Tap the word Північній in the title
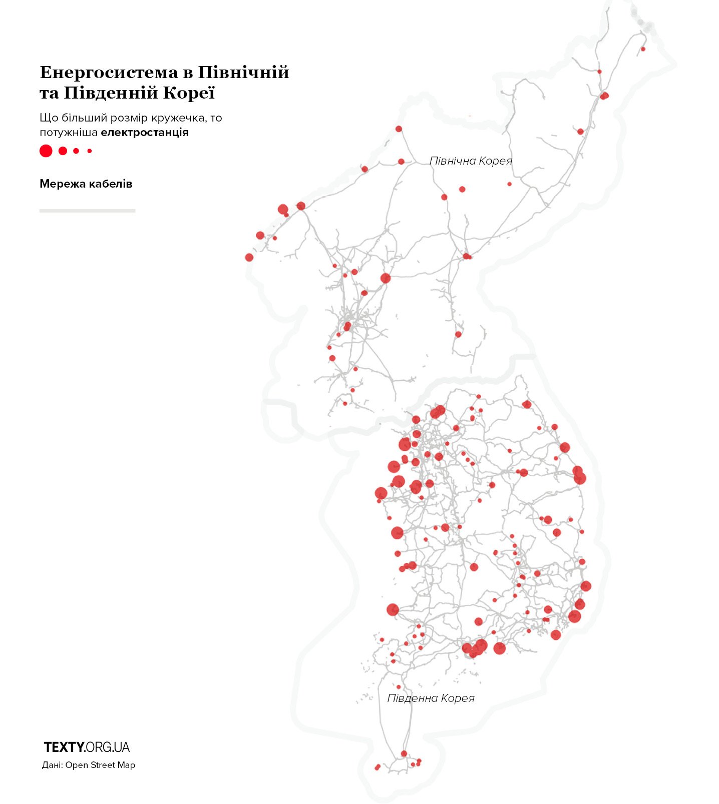click(243, 73)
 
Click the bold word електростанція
click(145, 133)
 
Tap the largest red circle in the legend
click(46, 151)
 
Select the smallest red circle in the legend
click(90, 151)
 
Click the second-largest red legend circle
click(63, 151)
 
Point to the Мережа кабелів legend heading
click(86, 184)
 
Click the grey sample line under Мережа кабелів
click(87, 211)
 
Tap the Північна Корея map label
click(471, 161)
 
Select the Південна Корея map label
click(431, 698)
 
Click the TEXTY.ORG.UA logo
click(87, 747)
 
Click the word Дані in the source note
click(52, 765)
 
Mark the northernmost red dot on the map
click(643, 49)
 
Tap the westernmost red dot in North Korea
click(249, 258)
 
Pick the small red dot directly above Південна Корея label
click(399, 687)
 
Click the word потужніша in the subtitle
click(69, 133)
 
